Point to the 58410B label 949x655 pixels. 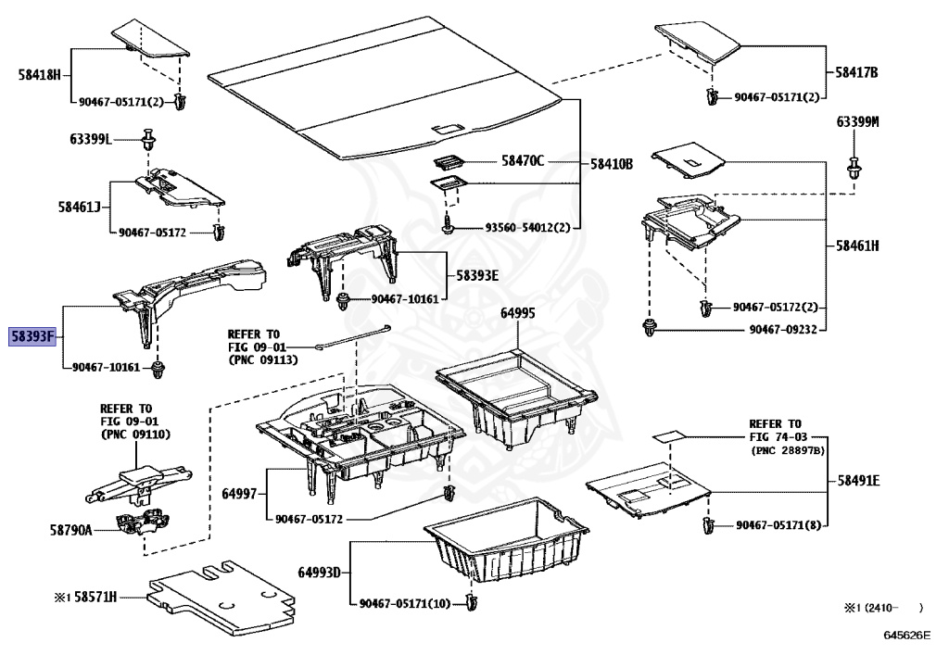(612, 163)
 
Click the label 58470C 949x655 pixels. (524, 161)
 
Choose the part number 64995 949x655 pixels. (518, 313)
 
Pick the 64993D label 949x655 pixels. (320, 571)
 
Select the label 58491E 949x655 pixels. (857, 481)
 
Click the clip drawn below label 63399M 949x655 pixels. (854, 169)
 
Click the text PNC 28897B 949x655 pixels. (787, 450)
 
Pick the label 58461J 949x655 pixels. (78, 208)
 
